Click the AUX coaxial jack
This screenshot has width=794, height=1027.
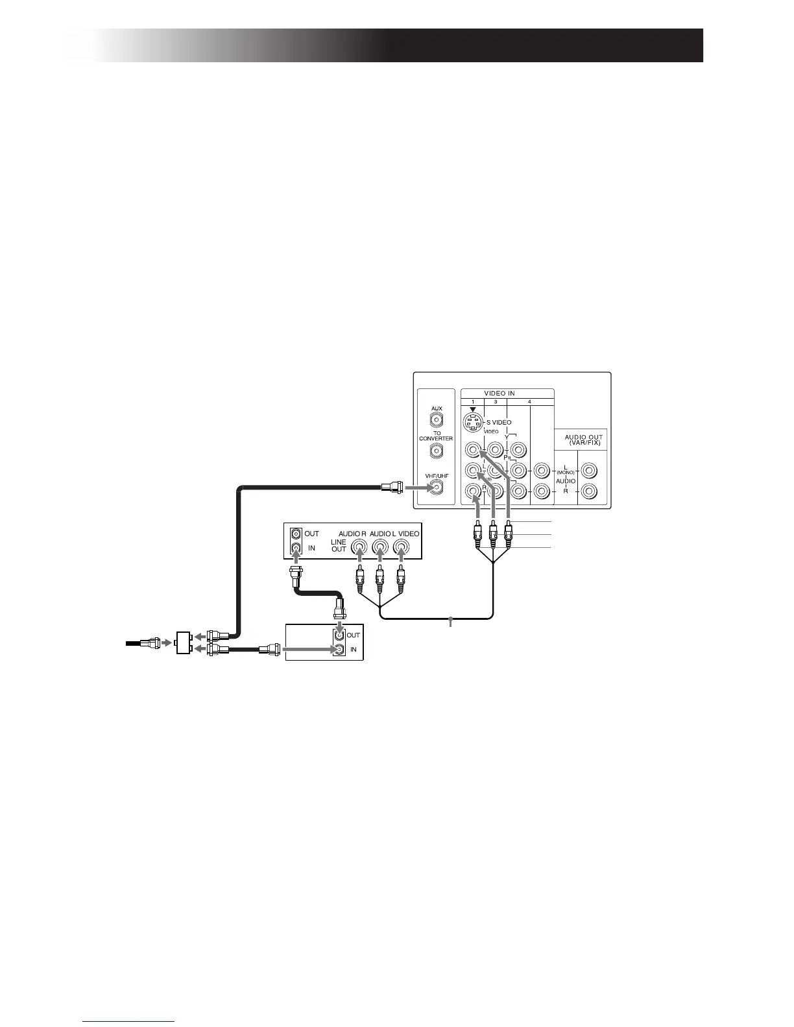pos(437,419)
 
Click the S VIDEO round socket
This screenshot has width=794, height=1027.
pos(474,423)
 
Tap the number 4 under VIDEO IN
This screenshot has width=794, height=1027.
pos(529,402)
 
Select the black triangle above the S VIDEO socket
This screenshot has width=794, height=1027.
pos(473,408)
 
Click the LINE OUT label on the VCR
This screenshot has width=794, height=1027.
pos(339,545)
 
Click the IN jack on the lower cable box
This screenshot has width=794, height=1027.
pos(337,649)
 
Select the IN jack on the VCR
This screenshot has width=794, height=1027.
pos(296,549)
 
